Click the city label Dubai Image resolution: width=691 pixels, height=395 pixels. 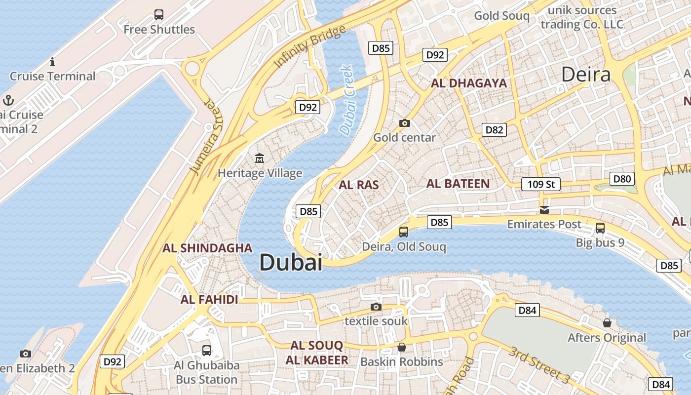291,262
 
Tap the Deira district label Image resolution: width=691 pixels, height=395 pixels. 586,75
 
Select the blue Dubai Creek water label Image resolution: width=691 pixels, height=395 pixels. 347,100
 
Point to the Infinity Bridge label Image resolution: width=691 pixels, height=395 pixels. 309,47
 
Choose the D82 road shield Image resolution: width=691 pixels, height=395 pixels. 494,130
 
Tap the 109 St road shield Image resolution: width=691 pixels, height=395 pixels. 541,184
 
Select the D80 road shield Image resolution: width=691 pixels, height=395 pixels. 622,179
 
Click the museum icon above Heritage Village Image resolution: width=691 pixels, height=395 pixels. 260,158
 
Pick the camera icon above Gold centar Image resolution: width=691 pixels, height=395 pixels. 404,123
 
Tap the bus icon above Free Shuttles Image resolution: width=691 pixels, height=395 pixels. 159,15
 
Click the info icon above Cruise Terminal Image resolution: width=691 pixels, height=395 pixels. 52,62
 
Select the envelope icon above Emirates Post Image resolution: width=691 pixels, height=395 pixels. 544,210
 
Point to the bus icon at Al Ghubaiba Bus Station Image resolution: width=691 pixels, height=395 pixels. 207,351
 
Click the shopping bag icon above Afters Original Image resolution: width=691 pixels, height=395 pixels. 607,323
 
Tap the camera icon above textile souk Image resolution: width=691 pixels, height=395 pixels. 376,307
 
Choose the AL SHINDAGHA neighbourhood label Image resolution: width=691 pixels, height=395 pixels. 207,248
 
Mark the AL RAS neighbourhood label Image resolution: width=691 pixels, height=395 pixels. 359,185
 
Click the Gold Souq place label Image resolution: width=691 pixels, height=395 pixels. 501,16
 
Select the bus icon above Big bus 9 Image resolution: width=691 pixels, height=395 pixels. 600,228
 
